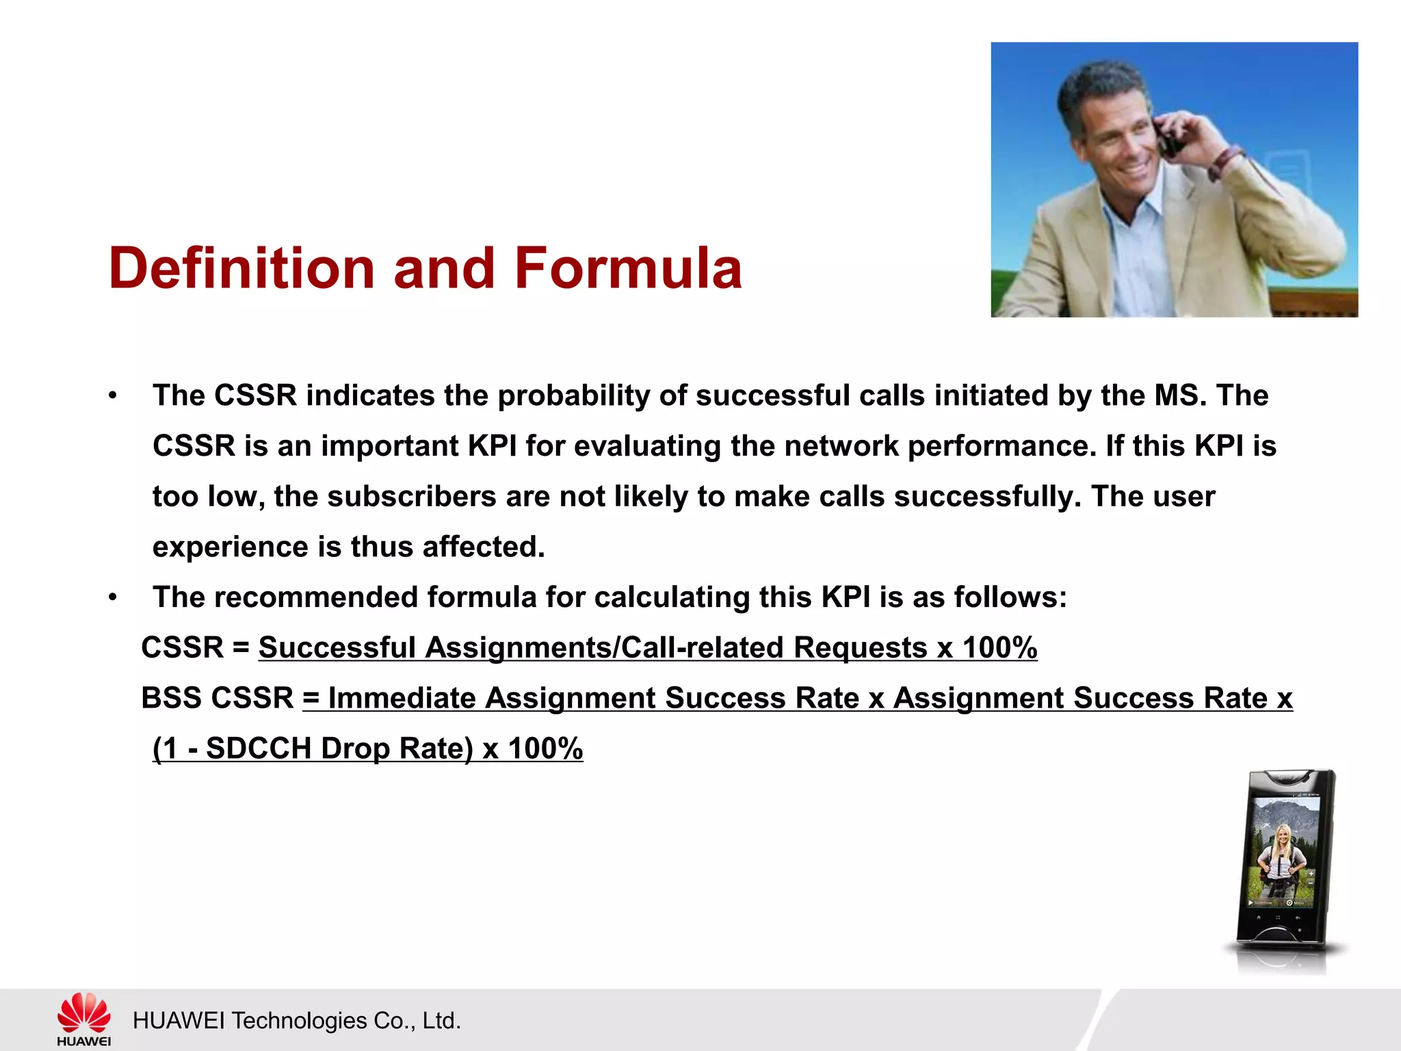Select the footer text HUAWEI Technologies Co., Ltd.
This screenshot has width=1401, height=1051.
pos(296,1020)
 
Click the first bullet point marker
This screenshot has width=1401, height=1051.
pos(113,395)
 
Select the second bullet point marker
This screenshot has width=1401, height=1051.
pos(113,597)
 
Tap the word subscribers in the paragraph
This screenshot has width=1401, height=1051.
pos(411,497)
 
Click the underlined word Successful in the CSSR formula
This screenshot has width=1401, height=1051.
pos(337,647)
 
